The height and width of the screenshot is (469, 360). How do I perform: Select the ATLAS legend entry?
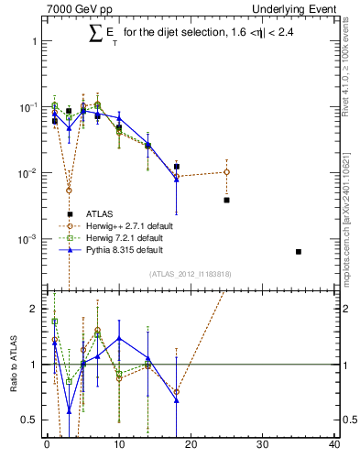pyautogui.click(x=99, y=213)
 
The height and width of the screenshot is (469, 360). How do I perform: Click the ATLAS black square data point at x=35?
pyautogui.click(x=299, y=252)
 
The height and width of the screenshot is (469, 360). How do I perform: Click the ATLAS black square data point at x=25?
pyautogui.click(x=226, y=200)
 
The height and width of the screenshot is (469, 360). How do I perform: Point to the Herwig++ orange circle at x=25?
pyautogui.click(x=226, y=172)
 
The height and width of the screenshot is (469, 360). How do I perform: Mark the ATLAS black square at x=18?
pyautogui.click(x=176, y=167)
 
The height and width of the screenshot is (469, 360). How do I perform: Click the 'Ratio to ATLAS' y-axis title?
pyautogui.click(x=13, y=365)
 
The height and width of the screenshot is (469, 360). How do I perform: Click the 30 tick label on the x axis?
pyautogui.click(x=262, y=446)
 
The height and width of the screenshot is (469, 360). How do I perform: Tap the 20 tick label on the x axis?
pyautogui.click(x=191, y=446)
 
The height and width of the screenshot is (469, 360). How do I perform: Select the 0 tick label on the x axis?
pyautogui.click(x=47, y=446)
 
